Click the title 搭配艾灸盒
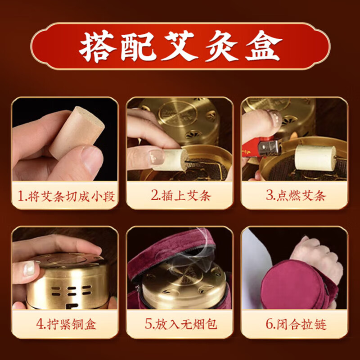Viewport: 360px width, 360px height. (x=180, y=47)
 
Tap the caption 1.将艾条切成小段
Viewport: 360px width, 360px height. (x=65, y=196)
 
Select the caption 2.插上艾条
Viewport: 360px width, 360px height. (x=180, y=196)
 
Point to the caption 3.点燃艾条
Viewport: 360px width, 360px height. (x=295, y=196)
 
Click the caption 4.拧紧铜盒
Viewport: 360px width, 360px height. (x=65, y=324)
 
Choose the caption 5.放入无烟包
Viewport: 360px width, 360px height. (x=180, y=324)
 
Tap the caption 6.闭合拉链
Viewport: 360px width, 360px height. (x=295, y=324)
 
